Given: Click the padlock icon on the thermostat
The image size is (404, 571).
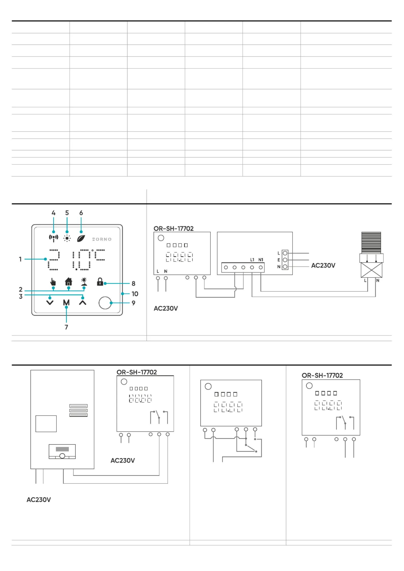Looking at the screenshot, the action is point(100,282).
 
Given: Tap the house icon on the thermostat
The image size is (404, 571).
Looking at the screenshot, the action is point(68,282).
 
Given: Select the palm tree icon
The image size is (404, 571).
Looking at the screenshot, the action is point(84,282).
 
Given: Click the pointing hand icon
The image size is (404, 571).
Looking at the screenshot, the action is point(53,282).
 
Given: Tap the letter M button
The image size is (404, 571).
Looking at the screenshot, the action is point(66,302).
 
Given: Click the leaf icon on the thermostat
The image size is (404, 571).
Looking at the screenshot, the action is point(81,238).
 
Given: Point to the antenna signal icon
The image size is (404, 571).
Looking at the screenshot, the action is point(53,238).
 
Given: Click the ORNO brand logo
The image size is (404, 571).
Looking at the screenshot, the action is point(102,239).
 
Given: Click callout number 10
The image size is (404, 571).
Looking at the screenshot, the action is point(135,294).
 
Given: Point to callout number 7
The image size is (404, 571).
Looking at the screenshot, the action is point(66,327).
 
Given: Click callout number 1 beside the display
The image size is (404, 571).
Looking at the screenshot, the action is point(20,259).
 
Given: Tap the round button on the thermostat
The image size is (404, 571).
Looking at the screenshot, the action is point(105,303).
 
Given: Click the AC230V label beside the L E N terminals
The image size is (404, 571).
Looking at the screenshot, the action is point(323,266).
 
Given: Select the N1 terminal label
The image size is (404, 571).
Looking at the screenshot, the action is point(261,260).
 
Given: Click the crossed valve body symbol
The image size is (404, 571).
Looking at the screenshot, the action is point(371,270).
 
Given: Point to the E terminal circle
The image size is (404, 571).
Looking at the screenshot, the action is point(285,260).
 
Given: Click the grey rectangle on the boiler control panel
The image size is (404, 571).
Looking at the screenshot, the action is point(62,449).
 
